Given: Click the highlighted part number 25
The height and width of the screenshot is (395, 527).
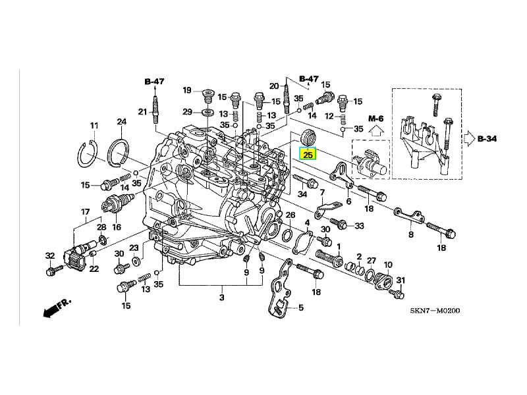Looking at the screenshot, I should click(308, 155).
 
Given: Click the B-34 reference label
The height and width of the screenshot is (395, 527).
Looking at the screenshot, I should click(488, 139).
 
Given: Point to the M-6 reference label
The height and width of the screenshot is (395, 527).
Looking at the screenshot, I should click(375, 118).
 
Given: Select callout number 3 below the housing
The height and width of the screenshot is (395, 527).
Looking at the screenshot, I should click(222, 298).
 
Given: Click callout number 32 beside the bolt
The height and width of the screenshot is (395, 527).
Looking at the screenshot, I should click(50, 255).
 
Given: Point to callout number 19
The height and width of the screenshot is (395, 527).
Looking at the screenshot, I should click(187, 90).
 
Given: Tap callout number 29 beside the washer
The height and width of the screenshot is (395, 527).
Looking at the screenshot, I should click(187, 111).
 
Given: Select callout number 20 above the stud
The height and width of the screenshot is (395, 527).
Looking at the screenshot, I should click(274, 86).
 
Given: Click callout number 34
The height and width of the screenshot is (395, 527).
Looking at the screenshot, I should click(302, 194).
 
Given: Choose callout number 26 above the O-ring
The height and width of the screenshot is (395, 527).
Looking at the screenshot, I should click(291, 215).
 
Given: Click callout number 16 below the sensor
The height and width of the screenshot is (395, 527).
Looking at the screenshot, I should click(117, 226).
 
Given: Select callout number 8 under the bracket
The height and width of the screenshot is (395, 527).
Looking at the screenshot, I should click(410, 234).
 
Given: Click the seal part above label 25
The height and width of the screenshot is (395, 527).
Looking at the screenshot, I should click(308, 138).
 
